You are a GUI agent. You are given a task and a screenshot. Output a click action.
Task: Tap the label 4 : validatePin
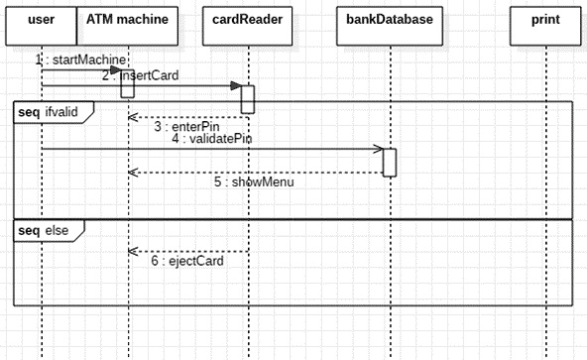[210, 140]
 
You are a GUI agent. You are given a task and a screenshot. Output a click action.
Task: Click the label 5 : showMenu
[254, 181]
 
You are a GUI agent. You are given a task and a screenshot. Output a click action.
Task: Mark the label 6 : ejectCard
[187, 262]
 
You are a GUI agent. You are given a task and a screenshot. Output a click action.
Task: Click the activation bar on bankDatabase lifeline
[390, 162]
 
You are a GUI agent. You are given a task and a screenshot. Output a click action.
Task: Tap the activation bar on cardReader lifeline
[248, 98]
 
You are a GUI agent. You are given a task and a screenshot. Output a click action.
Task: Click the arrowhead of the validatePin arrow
[378, 150]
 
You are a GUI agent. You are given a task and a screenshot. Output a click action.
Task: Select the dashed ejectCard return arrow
[187, 251]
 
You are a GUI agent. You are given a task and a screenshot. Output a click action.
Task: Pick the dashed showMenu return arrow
[255, 172]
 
